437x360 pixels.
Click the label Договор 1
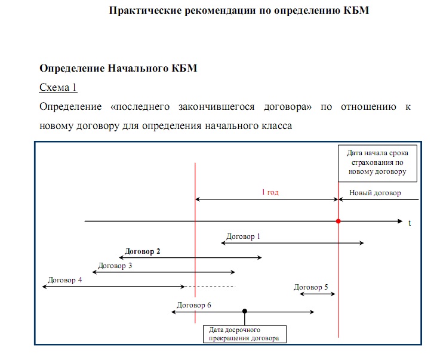tap(244, 236)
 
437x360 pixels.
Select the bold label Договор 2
tap(142, 251)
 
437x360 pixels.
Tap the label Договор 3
tap(115, 266)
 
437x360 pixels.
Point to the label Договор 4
tap(65, 280)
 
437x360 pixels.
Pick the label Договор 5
tap(311, 287)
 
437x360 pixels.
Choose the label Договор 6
tap(194, 305)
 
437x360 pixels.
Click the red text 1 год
tap(270, 193)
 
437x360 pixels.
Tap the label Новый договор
tap(375, 193)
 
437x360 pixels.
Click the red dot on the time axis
tap(338, 221)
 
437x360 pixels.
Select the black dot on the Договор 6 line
tap(245, 311)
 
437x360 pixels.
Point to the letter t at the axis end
tap(410, 223)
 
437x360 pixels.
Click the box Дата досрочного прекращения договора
tap(245, 334)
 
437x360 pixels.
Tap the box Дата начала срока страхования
tap(374, 162)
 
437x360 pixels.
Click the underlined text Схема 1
tap(58, 87)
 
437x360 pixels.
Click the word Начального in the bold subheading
tap(139, 68)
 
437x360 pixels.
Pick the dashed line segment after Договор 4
tap(210, 287)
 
